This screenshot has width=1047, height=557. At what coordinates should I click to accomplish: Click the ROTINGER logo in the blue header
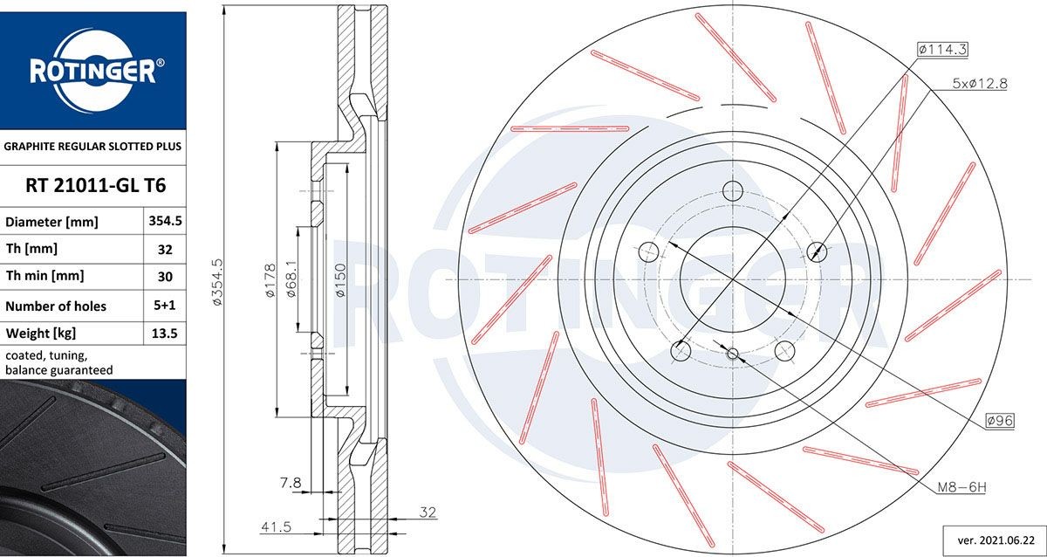click(x=92, y=72)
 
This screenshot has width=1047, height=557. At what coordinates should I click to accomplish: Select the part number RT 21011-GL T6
click(x=93, y=186)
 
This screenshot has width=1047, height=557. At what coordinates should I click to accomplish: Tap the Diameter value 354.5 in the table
click(x=165, y=222)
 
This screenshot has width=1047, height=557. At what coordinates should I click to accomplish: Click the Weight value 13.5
click(x=165, y=334)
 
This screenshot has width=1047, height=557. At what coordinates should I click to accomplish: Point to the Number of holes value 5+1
click(x=165, y=306)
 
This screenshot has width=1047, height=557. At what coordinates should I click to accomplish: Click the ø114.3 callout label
click(x=943, y=50)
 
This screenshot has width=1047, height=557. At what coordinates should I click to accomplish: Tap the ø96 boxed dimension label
click(x=999, y=421)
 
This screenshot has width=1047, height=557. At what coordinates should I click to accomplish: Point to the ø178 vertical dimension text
click(x=270, y=279)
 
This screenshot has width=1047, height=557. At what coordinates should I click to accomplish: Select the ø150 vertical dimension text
click(x=341, y=279)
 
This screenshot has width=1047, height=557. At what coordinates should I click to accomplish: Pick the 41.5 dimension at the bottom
click(x=276, y=527)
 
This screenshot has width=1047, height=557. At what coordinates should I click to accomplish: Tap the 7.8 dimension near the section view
click(x=290, y=482)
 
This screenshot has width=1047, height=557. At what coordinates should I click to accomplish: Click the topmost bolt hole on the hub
click(x=733, y=191)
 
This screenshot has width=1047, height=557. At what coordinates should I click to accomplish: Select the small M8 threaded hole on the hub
click(x=732, y=354)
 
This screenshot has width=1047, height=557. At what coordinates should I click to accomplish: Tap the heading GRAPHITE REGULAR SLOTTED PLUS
click(x=92, y=147)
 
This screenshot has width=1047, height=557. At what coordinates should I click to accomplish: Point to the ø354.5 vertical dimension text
click(x=218, y=279)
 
